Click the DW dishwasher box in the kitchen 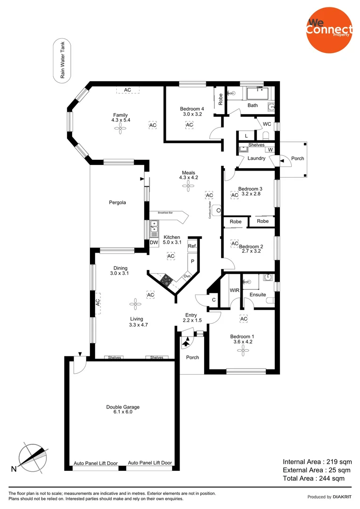154,243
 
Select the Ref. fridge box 192,246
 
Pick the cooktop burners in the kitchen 166,280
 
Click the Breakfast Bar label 165,213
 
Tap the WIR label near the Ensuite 234,290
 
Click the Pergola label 116,203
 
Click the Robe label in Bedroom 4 220,99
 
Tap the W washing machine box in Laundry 270,150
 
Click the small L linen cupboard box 246,136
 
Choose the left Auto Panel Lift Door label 96,463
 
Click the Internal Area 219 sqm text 317,462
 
